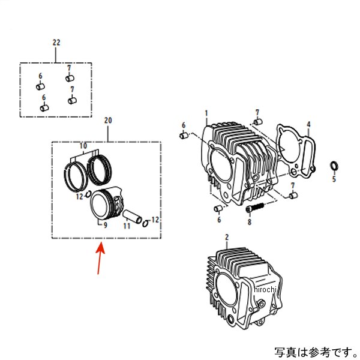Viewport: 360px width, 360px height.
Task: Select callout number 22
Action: [56, 43]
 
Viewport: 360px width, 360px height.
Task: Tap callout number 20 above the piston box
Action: [108, 121]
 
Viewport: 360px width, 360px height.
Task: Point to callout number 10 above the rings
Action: [83, 146]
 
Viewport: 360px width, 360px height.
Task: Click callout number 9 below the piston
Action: [105, 226]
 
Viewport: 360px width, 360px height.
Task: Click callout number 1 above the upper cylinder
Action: [206, 113]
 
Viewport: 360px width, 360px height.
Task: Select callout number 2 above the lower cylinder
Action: [226, 238]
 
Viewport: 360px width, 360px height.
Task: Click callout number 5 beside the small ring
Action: [334, 179]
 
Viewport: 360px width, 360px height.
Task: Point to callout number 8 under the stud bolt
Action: [248, 221]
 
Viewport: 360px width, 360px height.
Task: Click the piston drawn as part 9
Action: [106, 206]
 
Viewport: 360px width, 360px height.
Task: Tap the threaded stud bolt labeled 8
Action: [255, 208]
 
